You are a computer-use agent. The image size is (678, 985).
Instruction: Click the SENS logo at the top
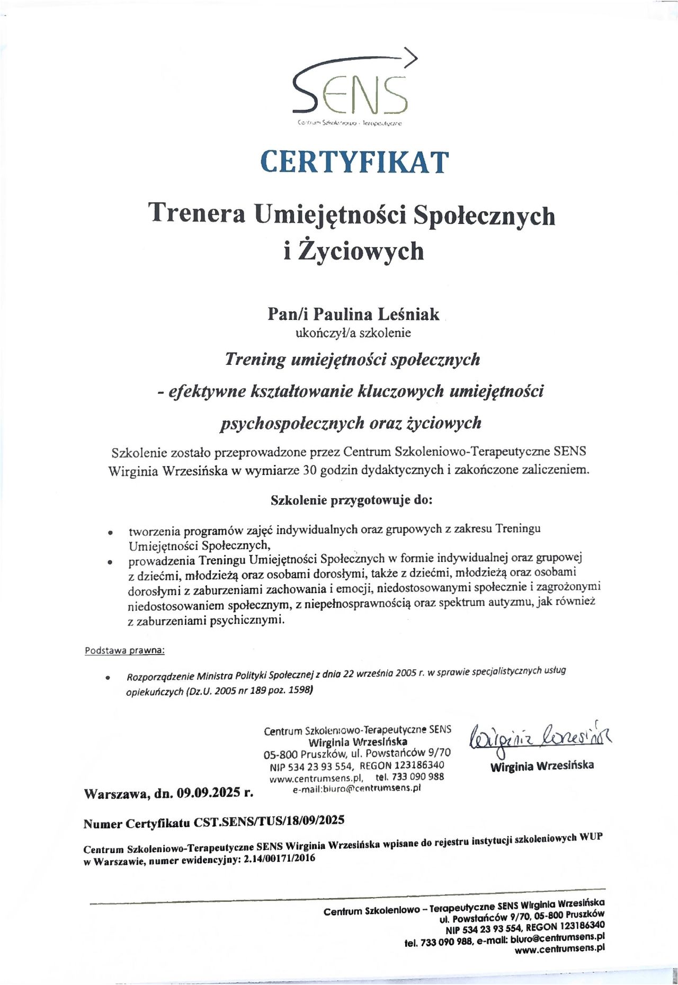click(353, 87)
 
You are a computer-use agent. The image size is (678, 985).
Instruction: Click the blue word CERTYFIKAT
click(354, 162)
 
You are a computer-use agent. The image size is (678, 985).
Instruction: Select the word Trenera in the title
click(197, 213)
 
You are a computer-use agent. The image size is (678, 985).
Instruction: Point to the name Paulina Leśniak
click(376, 314)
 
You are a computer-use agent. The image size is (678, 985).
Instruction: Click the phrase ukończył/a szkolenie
click(353, 333)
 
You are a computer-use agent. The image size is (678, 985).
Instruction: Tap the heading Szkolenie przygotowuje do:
click(351, 500)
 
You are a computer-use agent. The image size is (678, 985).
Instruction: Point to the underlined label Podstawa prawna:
click(124, 650)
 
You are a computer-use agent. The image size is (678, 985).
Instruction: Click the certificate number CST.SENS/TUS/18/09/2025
click(269, 821)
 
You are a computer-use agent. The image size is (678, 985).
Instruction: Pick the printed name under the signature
click(541, 766)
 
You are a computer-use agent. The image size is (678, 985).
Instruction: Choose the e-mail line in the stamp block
click(356, 789)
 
